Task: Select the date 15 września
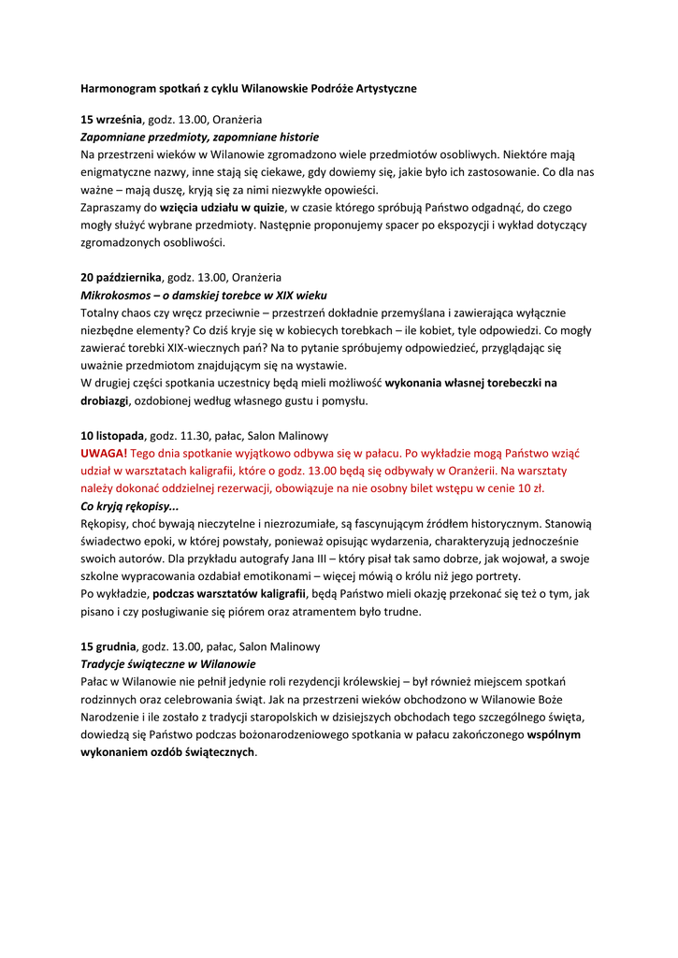pos(111,120)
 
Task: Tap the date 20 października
pos(121,278)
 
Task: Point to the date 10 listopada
pos(112,436)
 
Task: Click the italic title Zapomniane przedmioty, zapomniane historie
pos(199,137)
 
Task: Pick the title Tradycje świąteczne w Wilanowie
pos(168,663)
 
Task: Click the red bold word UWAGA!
pos(104,453)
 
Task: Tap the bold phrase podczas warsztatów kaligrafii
pos(229,594)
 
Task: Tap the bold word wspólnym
pos(554,734)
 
